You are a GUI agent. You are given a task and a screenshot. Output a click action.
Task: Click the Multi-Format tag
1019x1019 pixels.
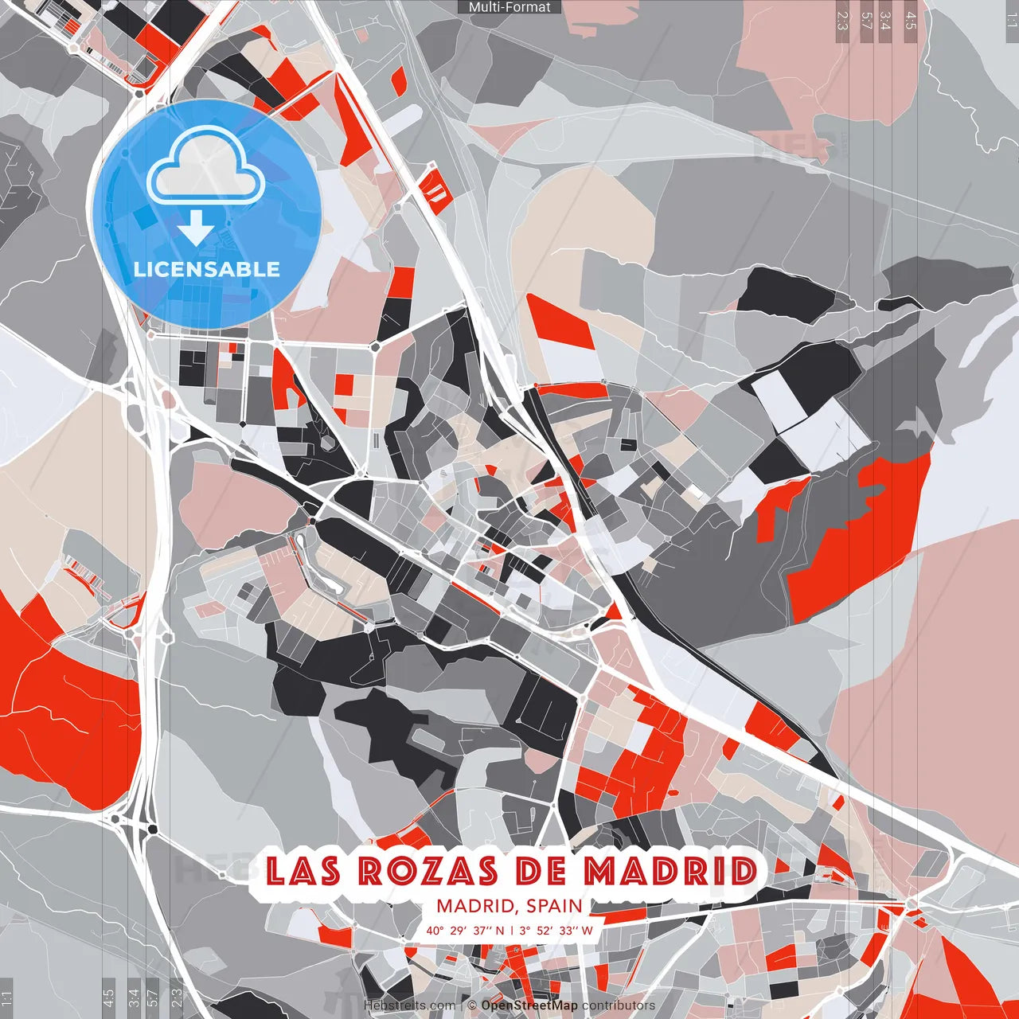(509, 7)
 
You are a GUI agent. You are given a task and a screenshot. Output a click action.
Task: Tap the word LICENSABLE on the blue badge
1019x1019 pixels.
(207, 269)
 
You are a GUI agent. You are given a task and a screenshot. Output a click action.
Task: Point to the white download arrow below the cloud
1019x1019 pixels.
(196, 229)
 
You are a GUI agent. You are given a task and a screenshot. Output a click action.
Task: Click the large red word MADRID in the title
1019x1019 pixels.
(670, 871)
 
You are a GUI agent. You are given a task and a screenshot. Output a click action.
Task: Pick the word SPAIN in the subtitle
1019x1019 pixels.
(554, 906)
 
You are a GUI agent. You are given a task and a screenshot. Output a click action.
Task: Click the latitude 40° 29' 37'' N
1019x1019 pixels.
(465, 930)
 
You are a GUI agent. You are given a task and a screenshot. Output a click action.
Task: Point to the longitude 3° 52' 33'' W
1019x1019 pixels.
(556, 930)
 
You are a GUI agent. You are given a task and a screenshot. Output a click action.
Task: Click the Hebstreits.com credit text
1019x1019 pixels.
(410, 1005)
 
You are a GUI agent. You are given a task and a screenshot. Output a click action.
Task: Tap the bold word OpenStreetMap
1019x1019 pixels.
(529, 1005)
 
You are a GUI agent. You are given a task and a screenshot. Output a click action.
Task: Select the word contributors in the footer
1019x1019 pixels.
(619, 1005)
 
